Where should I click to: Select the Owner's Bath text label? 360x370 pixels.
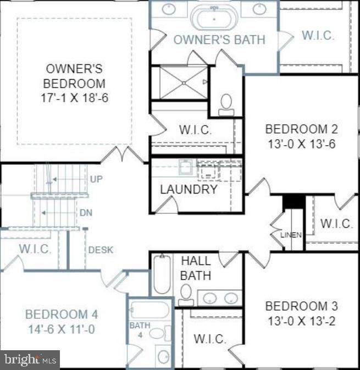point(219,40)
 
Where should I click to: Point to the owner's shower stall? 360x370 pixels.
point(180,82)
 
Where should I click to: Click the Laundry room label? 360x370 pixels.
point(189,189)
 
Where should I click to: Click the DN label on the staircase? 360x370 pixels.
point(86,213)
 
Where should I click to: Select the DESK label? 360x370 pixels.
point(101,250)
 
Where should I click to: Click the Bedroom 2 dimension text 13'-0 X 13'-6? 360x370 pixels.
point(301,144)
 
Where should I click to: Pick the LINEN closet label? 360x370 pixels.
point(291,235)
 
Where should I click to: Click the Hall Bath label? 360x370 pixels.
point(196,268)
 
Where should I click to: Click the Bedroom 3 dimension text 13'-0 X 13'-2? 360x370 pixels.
point(301,321)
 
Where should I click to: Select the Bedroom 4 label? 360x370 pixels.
point(62,314)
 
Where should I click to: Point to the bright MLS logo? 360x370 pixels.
point(30,360)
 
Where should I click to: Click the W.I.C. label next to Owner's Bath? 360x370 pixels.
point(318,36)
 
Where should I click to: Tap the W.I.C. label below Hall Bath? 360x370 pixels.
point(209,339)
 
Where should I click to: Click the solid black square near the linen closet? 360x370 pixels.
point(293,201)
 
